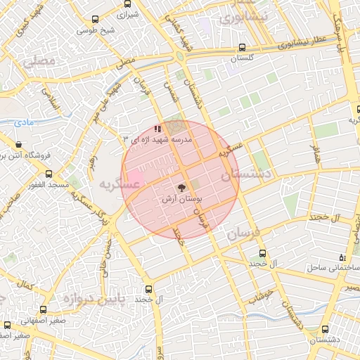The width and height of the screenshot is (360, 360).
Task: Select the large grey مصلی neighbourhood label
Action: point(39,62)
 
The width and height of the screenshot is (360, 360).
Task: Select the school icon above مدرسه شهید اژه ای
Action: point(158,129)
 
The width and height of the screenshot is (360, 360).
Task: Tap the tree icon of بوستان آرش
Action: point(182,188)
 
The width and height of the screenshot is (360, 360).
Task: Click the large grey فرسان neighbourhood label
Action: point(244,234)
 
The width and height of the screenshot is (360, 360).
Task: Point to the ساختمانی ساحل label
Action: point(332,268)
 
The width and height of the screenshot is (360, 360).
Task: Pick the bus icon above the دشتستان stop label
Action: point(325,329)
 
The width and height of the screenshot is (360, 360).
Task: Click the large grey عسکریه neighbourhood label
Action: point(115,185)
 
